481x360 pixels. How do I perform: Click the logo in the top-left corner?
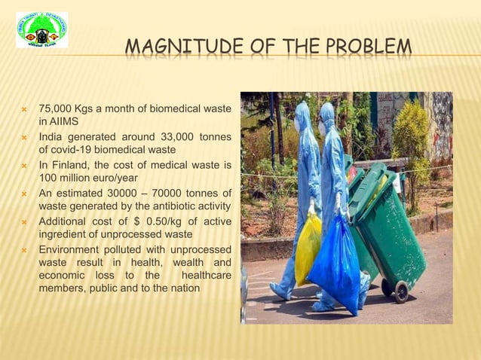(41, 30)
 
